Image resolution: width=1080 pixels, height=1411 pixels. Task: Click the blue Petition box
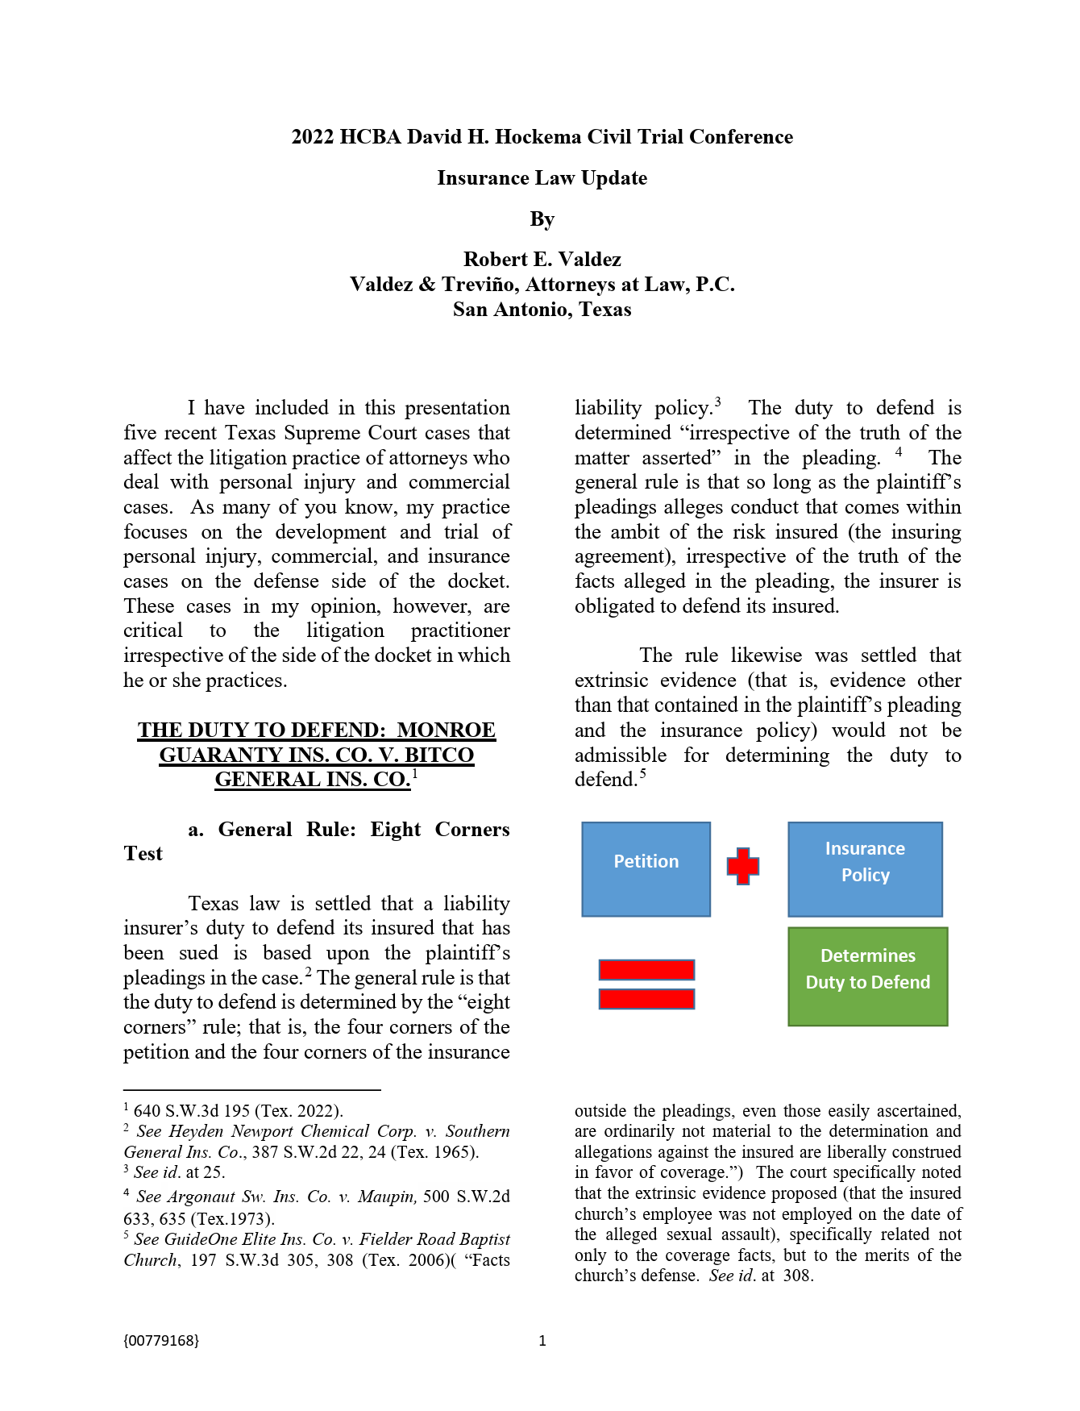coord(646,868)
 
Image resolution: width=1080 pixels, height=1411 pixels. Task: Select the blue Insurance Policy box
coord(865,868)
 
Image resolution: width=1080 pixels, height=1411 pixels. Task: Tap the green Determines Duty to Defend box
coord(867,976)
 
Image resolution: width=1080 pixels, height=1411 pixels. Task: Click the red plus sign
coord(742,866)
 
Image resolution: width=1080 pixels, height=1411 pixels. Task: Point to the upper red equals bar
coord(646,969)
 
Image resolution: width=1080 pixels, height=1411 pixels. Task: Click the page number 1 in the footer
coord(542,1340)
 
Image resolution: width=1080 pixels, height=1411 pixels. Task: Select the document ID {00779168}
coord(161,1340)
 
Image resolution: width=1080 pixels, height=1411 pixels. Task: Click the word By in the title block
coord(542,219)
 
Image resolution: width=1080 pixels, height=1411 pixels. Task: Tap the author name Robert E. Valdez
coord(542,259)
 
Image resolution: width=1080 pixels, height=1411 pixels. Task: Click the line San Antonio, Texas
coord(542,309)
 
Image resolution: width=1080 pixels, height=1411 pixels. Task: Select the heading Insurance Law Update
coord(542,177)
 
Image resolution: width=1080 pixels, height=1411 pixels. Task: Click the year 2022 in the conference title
coord(313,136)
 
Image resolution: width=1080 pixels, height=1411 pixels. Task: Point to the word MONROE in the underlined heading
coord(446,730)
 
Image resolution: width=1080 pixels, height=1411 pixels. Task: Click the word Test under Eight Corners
coord(143,853)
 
